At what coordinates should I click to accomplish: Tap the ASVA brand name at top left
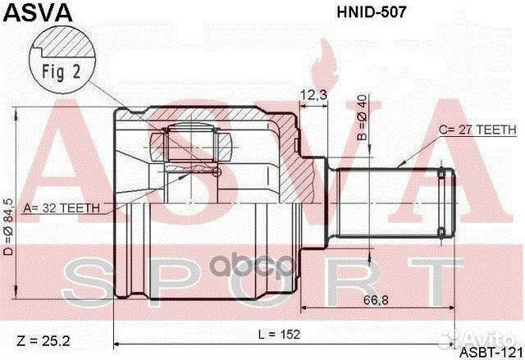tap(38, 13)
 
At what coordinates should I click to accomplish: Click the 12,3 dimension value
tap(313, 96)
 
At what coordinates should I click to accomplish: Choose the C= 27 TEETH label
tap(477, 130)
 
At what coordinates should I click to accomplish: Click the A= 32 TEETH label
tap(62, 207)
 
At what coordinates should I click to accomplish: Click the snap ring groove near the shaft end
tap(444, 200)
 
